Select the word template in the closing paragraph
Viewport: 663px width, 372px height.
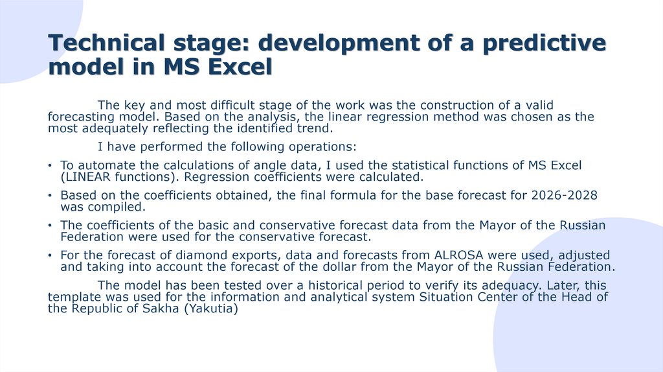tap(73, 297)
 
